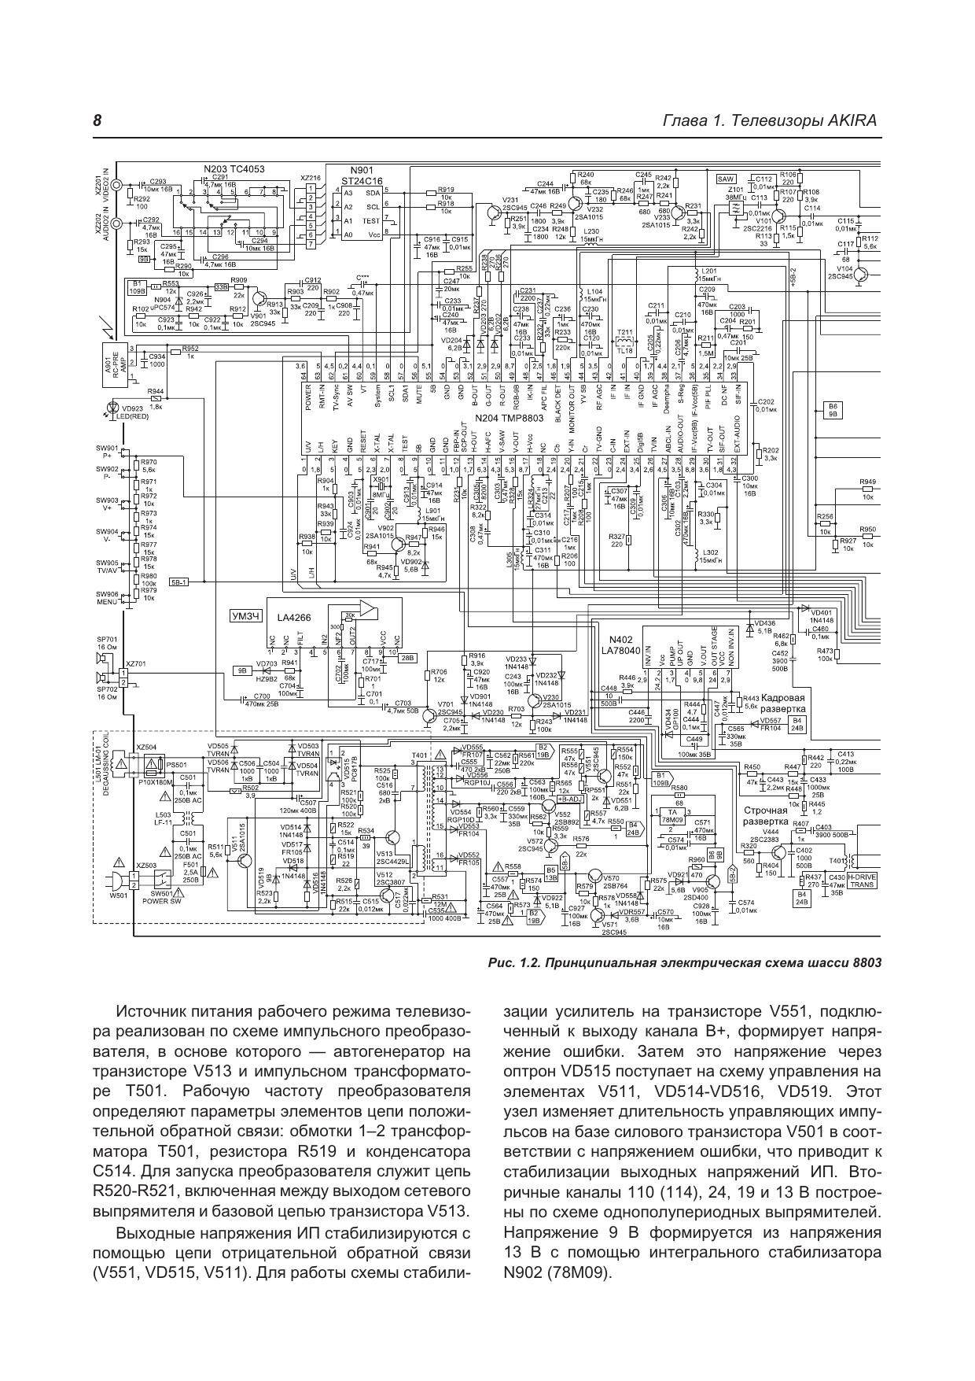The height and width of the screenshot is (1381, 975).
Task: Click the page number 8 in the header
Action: [x=97, y=121]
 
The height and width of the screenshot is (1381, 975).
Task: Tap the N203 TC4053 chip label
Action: [x=234, y=169]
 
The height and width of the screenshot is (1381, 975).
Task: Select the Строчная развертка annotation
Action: [x=765, y=816]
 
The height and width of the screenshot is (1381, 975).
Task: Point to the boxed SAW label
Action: [x=726, y=179]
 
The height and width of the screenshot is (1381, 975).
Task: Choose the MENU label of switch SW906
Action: [x=107, y=603]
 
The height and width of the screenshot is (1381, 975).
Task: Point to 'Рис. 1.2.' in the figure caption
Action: [x=513, y=962]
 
